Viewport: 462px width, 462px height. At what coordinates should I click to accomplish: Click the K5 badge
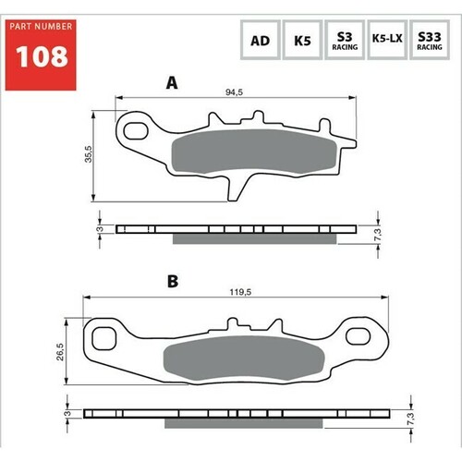coord(301,41)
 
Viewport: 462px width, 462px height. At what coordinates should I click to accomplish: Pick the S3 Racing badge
coord(343,41)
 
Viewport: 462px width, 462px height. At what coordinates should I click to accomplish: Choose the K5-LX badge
coord(386,41)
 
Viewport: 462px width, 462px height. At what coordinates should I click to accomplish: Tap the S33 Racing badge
coord(429,41)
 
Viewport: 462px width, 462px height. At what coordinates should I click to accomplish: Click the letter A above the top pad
coord(171,83)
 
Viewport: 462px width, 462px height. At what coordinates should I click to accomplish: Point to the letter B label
coord(173,280)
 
